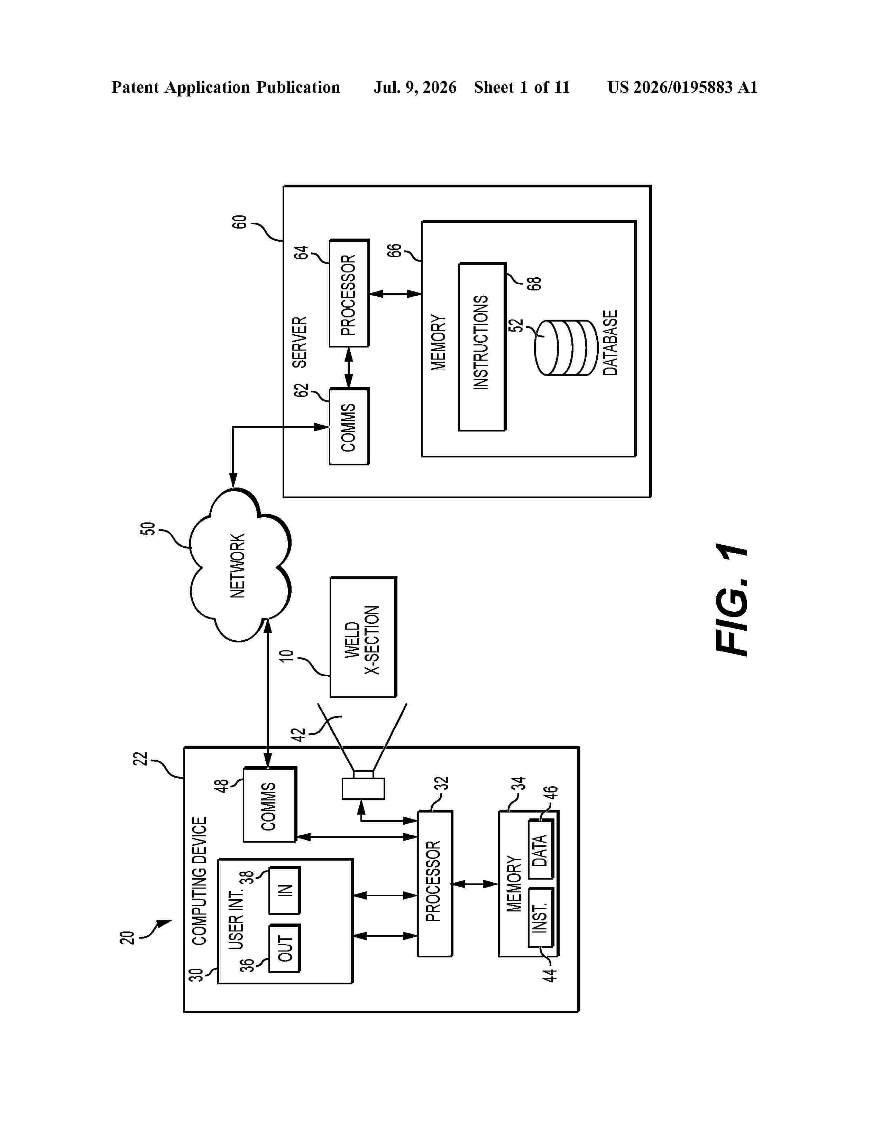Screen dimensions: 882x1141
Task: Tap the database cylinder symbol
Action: (566, 348)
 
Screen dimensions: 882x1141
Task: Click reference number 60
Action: (239, 222)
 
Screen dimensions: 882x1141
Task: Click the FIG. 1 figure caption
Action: (732, 599)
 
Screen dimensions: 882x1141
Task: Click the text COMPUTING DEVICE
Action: (200, 881)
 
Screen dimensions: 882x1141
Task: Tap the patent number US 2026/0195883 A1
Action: (682, 87)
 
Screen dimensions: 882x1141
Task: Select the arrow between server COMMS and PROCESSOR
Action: (349, 368)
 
